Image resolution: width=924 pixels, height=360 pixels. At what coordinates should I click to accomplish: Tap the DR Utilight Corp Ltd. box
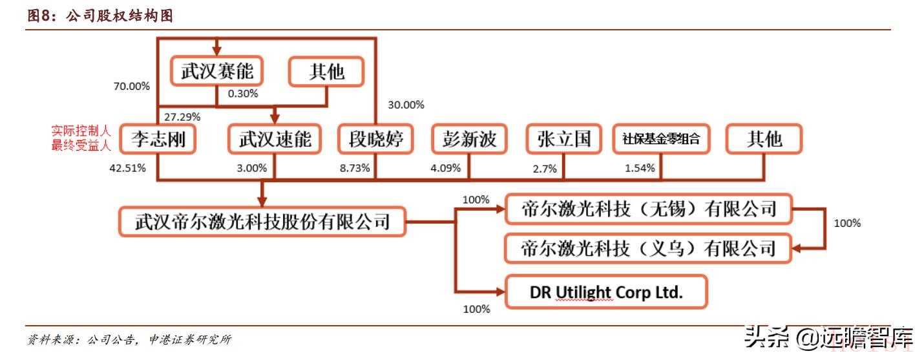click(607, 291)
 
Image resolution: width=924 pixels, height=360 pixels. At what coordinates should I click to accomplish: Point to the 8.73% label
click(355, 168)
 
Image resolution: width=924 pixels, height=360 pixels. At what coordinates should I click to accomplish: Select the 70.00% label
click(132, 86)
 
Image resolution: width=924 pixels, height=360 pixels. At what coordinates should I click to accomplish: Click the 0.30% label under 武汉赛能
click(243, 94)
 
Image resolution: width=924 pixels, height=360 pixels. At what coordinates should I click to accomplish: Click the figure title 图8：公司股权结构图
click(100, 17)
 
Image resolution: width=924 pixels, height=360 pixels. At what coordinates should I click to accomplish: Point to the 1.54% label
click(640, 168)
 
